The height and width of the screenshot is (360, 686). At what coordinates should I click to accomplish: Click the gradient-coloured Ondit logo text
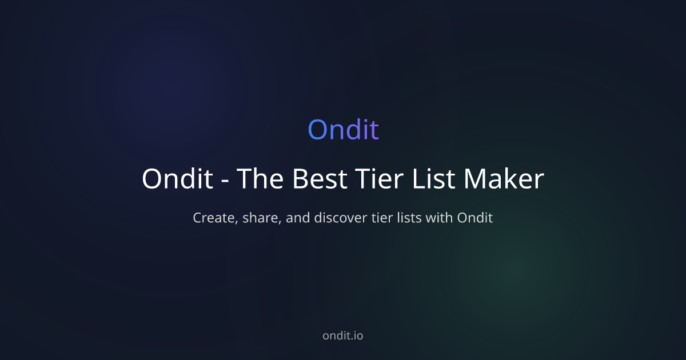pos(343,130)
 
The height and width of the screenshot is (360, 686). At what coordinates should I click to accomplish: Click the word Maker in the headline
pos(504,179)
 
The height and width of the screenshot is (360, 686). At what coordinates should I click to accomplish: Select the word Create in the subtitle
pos(213,218)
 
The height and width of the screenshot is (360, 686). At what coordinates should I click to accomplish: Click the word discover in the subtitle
pos(344,218)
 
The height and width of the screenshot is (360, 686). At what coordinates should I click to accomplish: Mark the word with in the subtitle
pos(441,218)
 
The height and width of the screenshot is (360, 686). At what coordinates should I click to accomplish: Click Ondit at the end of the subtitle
pos(474,218)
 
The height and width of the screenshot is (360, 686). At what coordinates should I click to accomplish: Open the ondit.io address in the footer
pos(343,335)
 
